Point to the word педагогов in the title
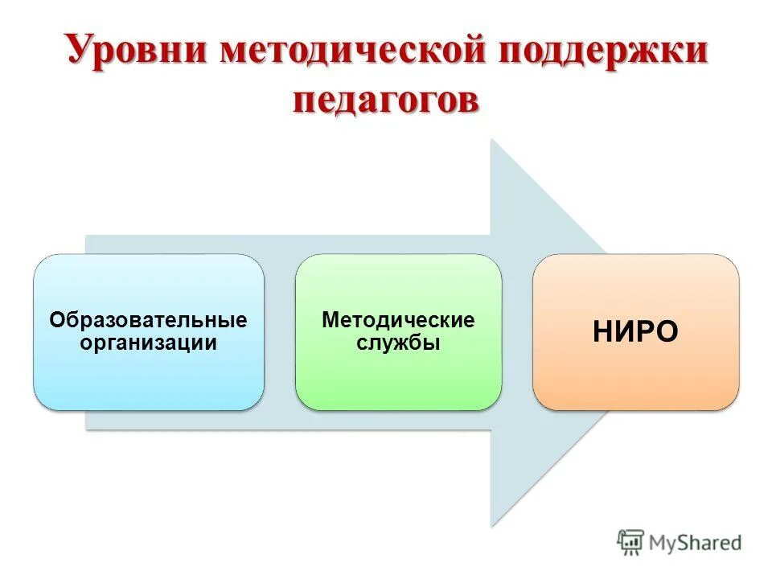point(386,103)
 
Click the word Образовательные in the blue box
point(148,320)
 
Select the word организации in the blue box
point(148,343)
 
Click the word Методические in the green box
point(398,320)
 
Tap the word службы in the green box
point(398,343)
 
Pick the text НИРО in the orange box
point(635,332)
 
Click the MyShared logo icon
point(631,543)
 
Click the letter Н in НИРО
point(604,332)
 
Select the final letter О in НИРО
point(665,332)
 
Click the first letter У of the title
point(79,52)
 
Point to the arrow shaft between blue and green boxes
point(279,331)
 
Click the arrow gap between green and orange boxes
point(517,331)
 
